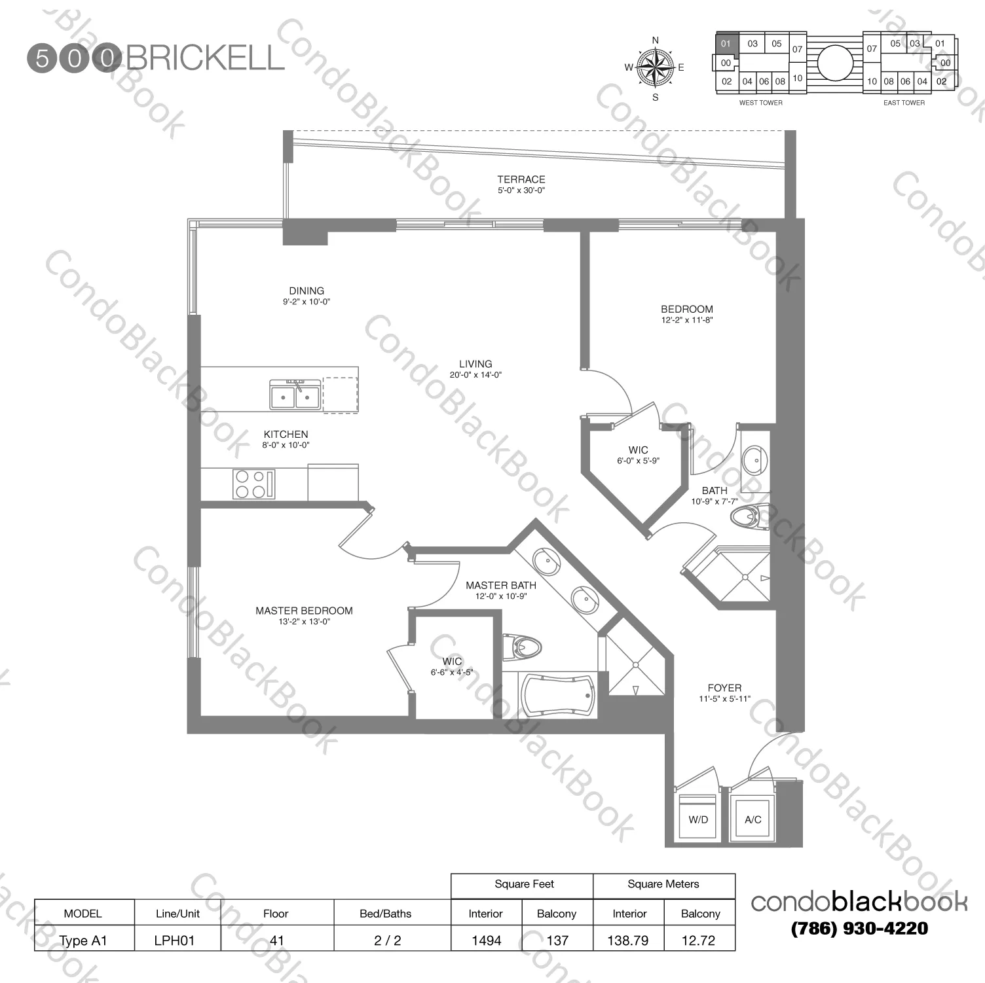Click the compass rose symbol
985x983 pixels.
(x=655, y=67)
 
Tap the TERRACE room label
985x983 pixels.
(x=521, y=179)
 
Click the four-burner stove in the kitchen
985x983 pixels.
(x=253, y=484)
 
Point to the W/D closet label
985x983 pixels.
(x=698, y=819)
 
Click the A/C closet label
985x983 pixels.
(x=753, y=819)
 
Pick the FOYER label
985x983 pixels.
(x=724, y=688)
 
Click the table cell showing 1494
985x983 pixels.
(x=486, y=940)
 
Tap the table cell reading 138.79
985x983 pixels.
(x=627, y=940)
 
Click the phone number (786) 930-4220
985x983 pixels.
(x=859, y=928)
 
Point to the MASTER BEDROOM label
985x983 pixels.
(x=304, y=611)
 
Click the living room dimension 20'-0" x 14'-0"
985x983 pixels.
(x=475, y=375)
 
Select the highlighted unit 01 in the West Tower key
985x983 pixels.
(x=726, y=44)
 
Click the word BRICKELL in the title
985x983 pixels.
(x=205, y=58)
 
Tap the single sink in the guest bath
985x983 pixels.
(x=754, y=460)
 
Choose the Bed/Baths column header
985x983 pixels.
(x=385, y=914)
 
